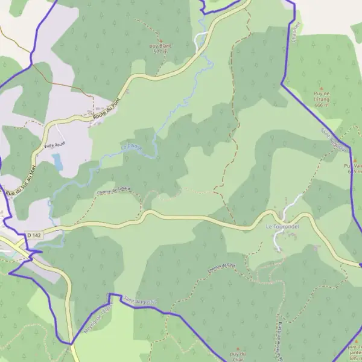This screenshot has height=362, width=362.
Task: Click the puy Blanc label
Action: (160, 45)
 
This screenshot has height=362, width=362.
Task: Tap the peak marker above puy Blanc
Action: (160, 39)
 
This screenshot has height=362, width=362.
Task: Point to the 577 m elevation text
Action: (160, 52)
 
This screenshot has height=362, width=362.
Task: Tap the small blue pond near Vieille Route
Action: (57, 162)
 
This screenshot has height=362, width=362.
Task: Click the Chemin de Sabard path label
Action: (113, 191)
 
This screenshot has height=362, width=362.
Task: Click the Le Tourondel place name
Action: (283, 226)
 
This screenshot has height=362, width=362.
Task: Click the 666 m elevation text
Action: (322, 105)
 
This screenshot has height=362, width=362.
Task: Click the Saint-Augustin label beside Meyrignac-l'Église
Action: (140, 300)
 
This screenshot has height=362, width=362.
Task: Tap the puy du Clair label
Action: (238, 356)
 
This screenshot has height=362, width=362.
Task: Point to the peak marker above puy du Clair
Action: (238, 349)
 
